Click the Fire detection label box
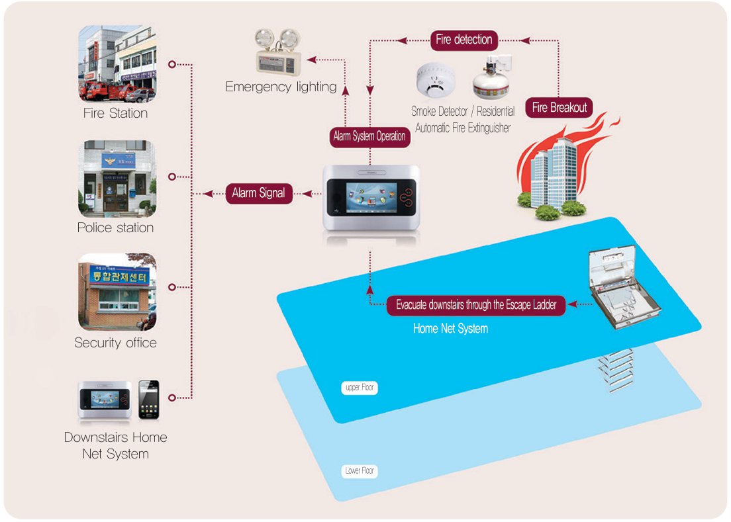coord(463,40)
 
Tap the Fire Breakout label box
coord(560,107)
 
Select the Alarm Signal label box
coord(258,193)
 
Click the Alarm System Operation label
coord(369,137)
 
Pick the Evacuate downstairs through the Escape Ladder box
coord(476,305)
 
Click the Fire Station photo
coord(117,64)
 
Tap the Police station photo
coord(117,179)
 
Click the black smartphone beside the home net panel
coord(148,399)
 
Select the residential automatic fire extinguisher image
coord(490,78)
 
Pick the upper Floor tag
coord(361,388)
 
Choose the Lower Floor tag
coord(360,471)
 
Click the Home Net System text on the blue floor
coord(450,328)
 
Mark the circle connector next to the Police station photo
coord(172,177)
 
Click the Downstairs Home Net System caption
coord(116,445)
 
